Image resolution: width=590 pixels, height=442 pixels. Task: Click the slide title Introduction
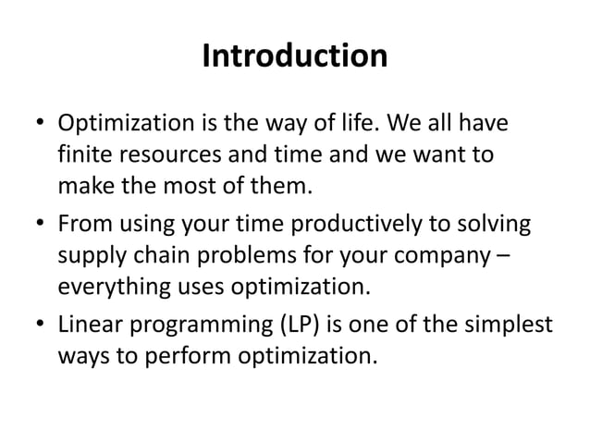coord(294,57)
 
